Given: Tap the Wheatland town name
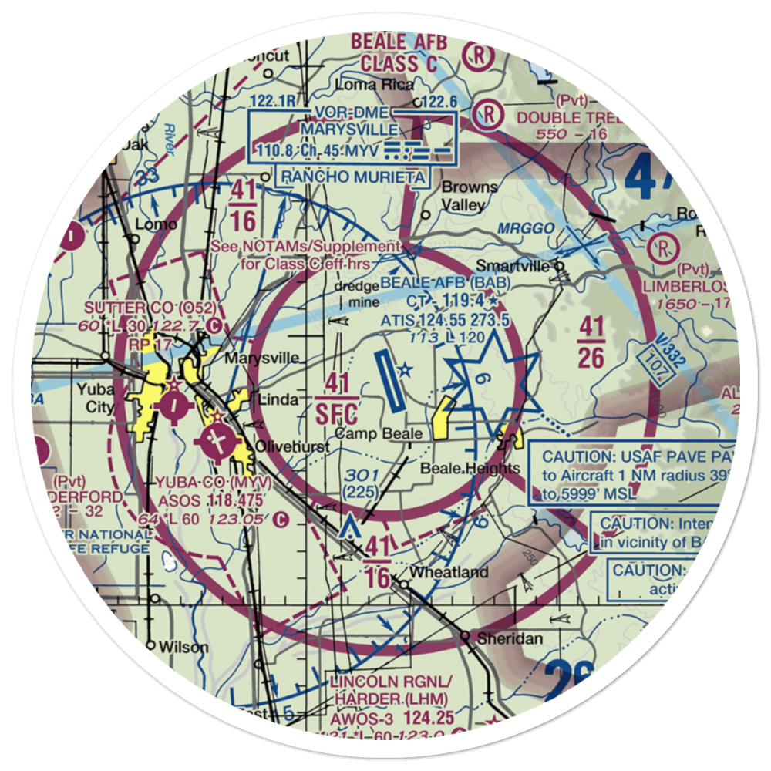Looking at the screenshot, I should click(449, 572).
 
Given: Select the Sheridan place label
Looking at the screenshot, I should click(510, 638).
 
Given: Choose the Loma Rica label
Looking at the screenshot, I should click(375, 85).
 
